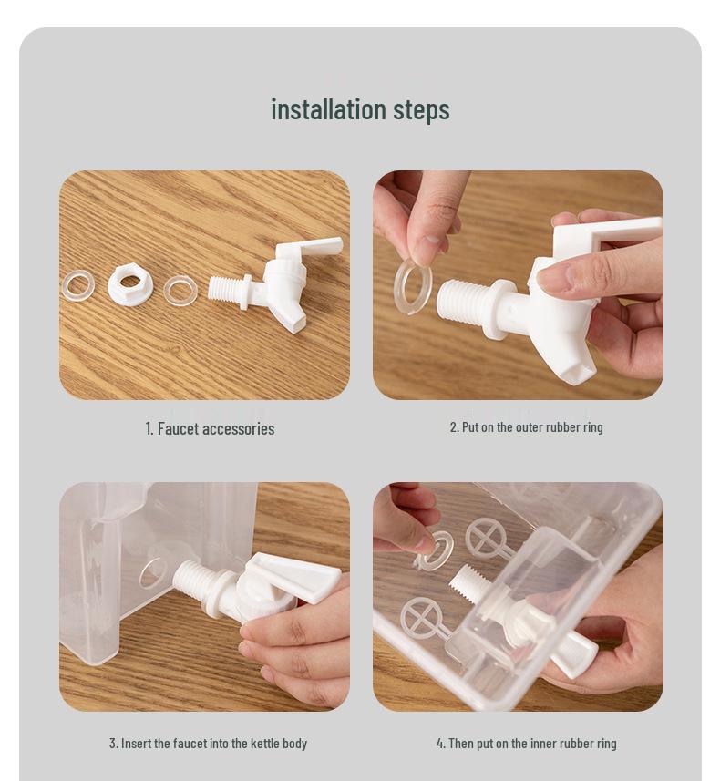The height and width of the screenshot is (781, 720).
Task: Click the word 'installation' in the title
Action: coord(328,109)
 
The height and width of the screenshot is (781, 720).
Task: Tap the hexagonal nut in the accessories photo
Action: coord(129,284)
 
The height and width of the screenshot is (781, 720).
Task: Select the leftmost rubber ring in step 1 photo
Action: coord(78,285)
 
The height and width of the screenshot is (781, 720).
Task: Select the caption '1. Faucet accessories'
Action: coord(210,429)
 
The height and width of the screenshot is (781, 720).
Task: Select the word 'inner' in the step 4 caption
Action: coord(544,744)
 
